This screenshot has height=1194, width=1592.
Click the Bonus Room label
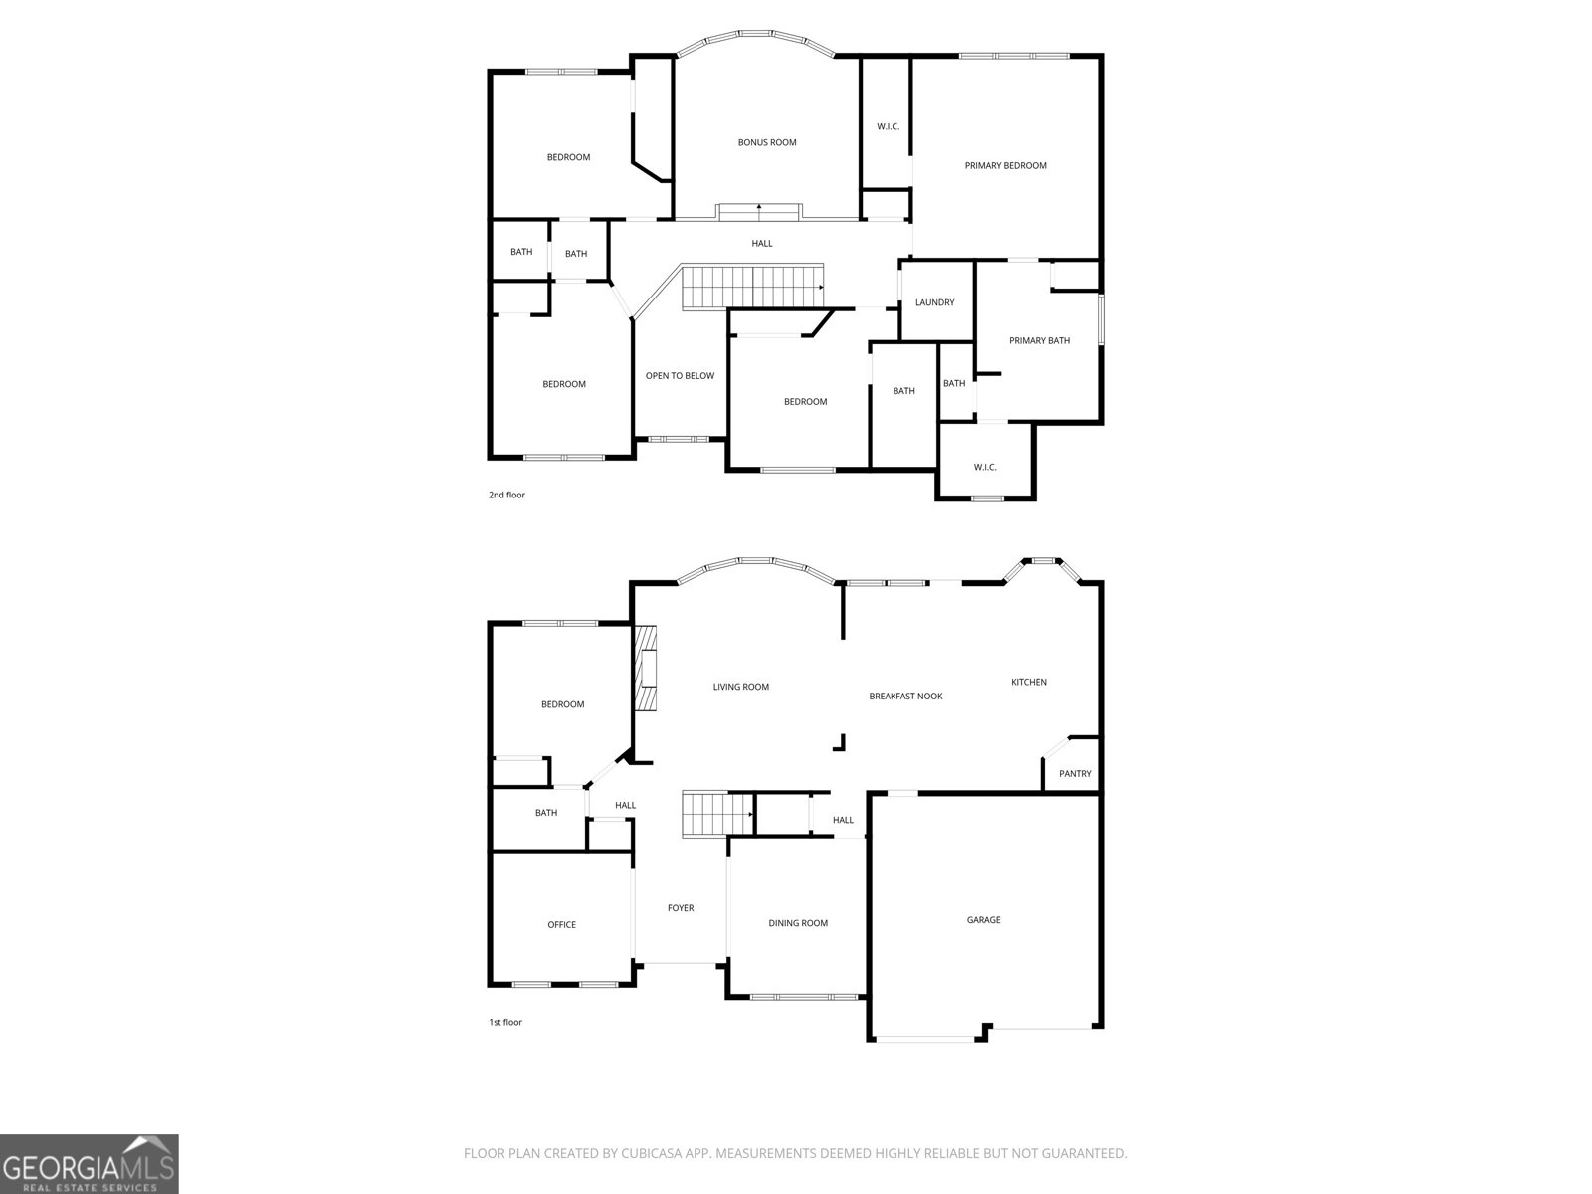pos(767,142)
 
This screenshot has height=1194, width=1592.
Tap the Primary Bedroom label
pos(1005,165)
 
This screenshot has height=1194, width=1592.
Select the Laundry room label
pos(935,302)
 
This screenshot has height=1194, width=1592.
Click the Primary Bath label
pos(1039,340)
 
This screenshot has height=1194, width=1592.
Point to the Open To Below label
pos(680,375)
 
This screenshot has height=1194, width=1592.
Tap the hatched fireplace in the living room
pos(648,669)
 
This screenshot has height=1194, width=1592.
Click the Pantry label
pos(1075,773)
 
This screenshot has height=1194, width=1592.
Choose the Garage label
pos(983,920)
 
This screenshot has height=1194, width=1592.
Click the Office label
pos(561,924)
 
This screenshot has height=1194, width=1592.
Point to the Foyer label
pos(681,907)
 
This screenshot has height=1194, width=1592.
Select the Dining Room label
pos(798,923)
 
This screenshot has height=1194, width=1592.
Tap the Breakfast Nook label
pos(905,696)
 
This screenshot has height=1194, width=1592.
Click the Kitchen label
pos(1029,682)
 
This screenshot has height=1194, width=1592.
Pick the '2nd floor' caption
pos(506,495)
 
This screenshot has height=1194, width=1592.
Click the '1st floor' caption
pos(504,1022)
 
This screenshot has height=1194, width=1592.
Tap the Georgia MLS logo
pos(90,1164)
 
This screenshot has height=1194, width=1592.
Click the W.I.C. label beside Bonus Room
pos(888,126)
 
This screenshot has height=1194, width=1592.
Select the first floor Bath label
pos(546,813)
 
